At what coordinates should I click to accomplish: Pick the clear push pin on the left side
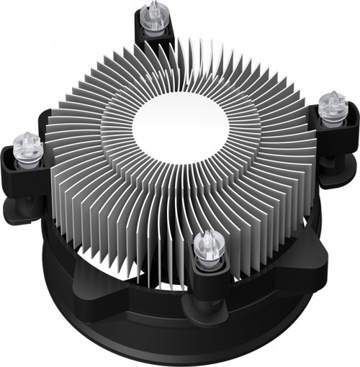click(x=27, y=146)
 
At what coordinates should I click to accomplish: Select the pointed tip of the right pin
click(x=333, y=94)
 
